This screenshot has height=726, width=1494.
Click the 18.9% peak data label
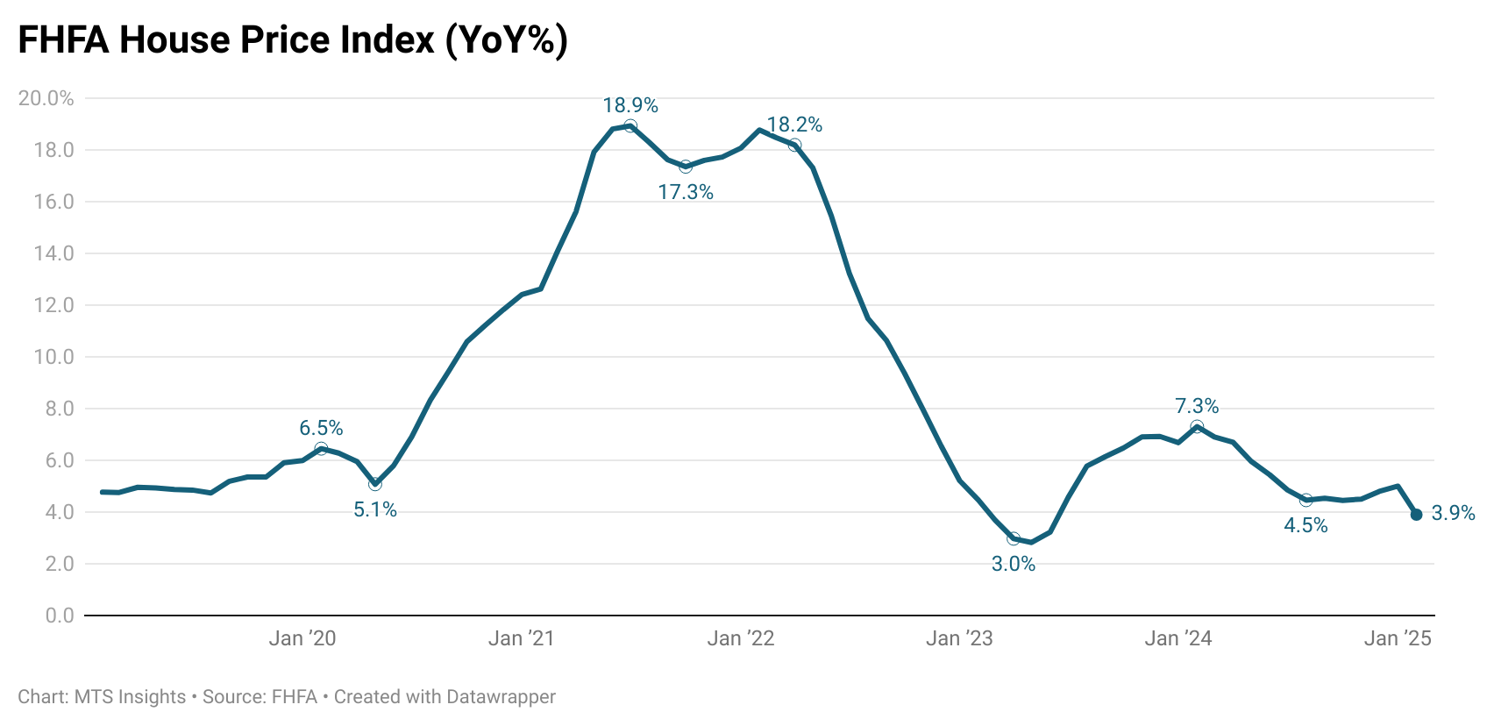point(630,105)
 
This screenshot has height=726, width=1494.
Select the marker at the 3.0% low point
point(1014,538)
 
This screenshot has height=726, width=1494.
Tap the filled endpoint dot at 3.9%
point(1416,515)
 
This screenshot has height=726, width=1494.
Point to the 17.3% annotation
point(686,192)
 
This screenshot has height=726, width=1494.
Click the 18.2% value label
point(794,125)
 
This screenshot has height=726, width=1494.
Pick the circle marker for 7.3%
point(1197,427)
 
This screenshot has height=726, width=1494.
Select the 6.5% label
point(321,428)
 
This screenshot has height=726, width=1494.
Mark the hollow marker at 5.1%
point(375,484)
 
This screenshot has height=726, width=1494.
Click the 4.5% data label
point(1305,525)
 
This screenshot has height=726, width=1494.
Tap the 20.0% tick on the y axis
point(46,98)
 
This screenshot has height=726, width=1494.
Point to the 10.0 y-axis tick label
point(53,357)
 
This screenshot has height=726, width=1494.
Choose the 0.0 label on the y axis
point(60,616)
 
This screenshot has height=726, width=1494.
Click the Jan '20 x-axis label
point(302,638)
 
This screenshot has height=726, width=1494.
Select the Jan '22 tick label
point(741,638)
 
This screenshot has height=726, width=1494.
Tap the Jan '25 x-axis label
point(1398,638)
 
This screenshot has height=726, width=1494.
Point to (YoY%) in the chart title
point(507,40)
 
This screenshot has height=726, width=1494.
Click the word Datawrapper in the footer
point(501,697)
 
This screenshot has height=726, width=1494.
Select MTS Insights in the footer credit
point(130,697)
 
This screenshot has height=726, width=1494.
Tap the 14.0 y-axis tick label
point(53,253)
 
